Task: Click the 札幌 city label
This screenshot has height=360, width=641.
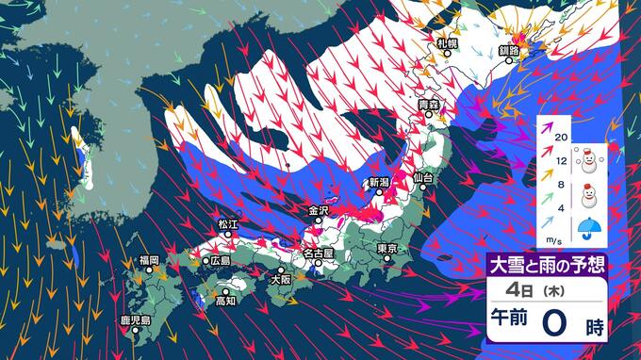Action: point(447,43)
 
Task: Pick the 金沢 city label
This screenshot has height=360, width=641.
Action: point(319,210)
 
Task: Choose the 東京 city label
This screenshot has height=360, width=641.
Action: point(386,249)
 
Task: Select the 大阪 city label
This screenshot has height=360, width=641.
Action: point(280,280)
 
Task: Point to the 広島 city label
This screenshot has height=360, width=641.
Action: point(220,260)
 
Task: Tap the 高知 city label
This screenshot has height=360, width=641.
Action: point(225,301)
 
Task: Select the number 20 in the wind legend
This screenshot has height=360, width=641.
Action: point(561,138)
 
